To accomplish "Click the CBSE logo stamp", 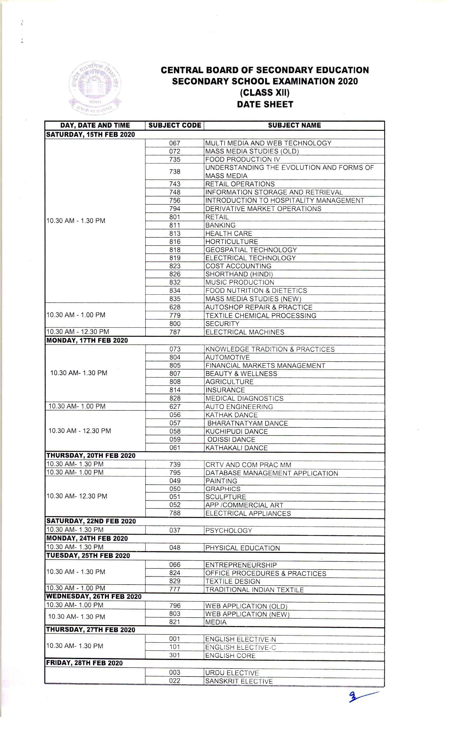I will (x=95, y=88).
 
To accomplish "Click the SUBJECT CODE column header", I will (x=175, y=125).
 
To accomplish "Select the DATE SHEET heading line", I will (x=265, y=104).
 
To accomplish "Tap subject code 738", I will (x=175, y=172).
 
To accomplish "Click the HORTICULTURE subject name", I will (x=232, y=242).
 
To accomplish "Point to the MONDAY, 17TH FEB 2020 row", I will (x=87, y=340).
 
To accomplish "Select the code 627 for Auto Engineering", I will (x=175, y=407).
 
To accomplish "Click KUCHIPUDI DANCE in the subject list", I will (x=236, y=432).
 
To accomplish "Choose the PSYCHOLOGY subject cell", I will (x=229, y=530).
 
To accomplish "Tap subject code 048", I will (x=175, y=548).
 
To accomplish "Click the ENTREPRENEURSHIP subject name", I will (x=241, y=565).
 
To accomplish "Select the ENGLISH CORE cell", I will (x=230, y=656).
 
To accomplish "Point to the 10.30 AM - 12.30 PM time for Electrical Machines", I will (x=78, y=332).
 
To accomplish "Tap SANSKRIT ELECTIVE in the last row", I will (x=239, y=681).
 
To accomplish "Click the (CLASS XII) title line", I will (x=265, y=93).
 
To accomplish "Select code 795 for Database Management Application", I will (x=175, y=473).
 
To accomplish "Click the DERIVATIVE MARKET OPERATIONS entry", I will (x=263, y=209).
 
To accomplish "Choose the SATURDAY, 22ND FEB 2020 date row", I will (x=91, y=521).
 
